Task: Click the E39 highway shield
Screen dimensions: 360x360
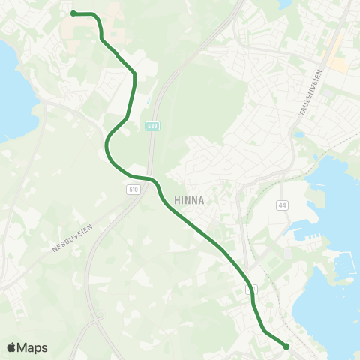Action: coord(152,127)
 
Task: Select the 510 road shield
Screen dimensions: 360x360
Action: coord(133,190)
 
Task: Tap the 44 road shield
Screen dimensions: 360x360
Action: coord(282,204)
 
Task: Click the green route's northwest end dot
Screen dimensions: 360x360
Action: coord(73,13)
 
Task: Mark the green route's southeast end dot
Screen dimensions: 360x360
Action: coord(286,346)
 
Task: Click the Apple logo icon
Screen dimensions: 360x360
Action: coord(12,347)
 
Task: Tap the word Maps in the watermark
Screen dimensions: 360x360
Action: coord(33,347)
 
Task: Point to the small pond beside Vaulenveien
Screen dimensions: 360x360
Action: coord(299,135)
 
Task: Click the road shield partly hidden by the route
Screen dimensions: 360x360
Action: coord(252,288)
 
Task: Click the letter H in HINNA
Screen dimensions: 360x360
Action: coord(177,200)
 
